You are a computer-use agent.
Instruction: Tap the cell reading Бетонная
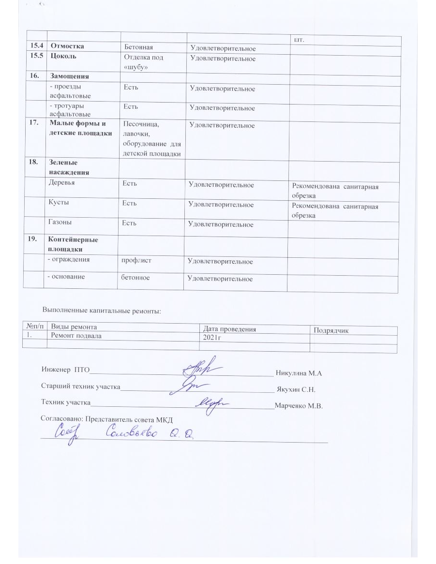pyautogui.click(x=138, y=47)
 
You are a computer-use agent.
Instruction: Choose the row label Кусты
pyautogui.click(x=58, y=203)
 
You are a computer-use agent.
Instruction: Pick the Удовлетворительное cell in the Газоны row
pyautogui.click(x=221, y=224)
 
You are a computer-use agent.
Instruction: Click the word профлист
pyautogui.click(x=136, y=261)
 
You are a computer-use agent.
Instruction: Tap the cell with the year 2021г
pyautogui.click(x=212, y=337)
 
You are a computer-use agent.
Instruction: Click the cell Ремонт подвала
pyautogui.click(x=76, y=335)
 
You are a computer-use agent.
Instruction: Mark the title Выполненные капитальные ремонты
pyautogui.click(x=102, y=310)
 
